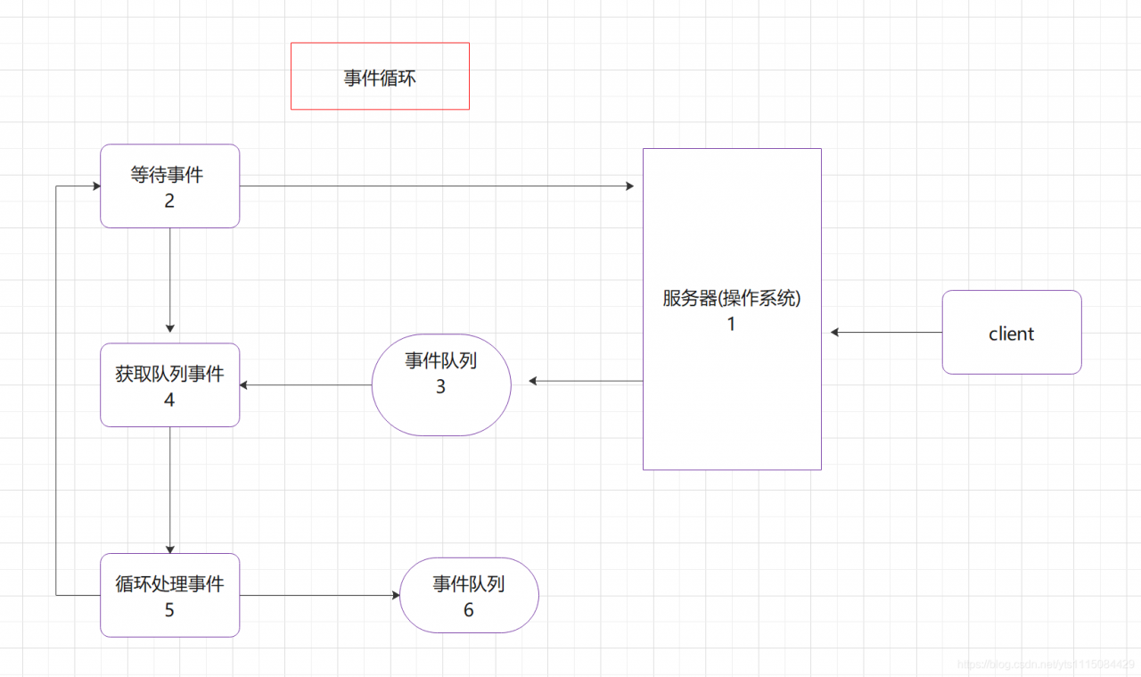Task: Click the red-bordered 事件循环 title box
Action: click(380, 76)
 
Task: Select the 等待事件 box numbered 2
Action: click(169, 186)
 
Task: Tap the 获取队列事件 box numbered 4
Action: click(169, 384)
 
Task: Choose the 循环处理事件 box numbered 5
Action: click(169, 595)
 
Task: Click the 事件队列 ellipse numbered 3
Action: click(440, 384)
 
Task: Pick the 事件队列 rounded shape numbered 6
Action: click(469, 595)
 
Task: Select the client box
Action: click(1011, 332)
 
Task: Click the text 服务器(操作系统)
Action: click(731, 299)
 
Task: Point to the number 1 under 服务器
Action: click(731, 325)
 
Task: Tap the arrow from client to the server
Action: click(886, 332)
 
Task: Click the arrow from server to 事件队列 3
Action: click(587, 381)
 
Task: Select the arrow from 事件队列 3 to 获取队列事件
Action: click(306, 385)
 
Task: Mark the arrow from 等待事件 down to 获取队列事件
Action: click(169, 280)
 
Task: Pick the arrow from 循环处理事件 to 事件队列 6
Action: click(319, 595)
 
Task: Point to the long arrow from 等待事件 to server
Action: click(437, 186)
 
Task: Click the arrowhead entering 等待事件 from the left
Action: click(94, 186)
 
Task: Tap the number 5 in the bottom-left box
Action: click(169, 610)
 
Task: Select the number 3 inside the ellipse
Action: click(440, 387)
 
